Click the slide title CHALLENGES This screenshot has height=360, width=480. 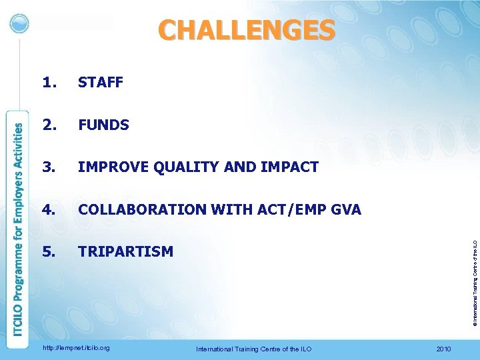click(x=247, y=30)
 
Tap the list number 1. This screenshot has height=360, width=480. click(x=48, y=83)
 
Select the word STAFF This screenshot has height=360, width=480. click(x=101, y=83)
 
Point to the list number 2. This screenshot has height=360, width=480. click(x=48, y=125)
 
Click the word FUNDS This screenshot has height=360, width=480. click(x=103, y=125)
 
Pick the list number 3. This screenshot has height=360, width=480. click(x=48, y=167)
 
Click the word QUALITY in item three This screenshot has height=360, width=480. click(x=178, y=167)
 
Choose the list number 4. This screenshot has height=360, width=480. click(x=48, y=209)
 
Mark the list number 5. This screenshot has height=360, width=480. click(x=48, y=251)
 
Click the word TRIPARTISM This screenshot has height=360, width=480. click(x=125, y=251)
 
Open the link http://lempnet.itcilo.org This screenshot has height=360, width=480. click(x=76, y=348)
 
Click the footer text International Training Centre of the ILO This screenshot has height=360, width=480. click(x=253, y=349)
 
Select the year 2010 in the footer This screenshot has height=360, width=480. click(x=443, y=349)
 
